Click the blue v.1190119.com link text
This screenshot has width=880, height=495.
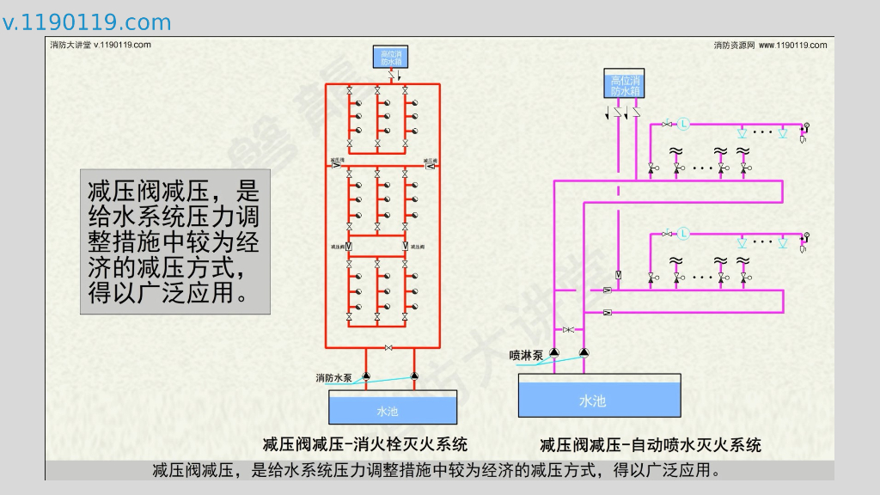(x=87, y=22)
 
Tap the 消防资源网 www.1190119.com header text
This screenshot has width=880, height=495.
(x=770, y=45)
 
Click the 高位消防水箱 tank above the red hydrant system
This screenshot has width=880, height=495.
(x=391, y=58)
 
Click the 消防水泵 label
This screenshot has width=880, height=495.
(x=333, y=377)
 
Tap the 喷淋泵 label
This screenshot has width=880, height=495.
(x=525, y=355)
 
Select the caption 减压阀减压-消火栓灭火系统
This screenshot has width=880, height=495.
(x=365, y=444)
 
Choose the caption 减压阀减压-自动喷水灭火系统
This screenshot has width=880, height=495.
(x=651, y=444)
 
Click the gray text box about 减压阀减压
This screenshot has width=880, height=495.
(x=174, y=241)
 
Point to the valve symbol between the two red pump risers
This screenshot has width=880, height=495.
(x=389, y=348)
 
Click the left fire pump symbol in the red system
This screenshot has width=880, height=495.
(x=365, y=376)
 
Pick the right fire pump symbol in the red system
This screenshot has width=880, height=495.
(x=414, y=376)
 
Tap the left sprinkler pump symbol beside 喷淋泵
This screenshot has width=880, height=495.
(x=554, y=352)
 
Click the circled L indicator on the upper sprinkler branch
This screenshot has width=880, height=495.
(x=683, y=124)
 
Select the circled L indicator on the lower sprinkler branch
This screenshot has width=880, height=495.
(x=683, y=233)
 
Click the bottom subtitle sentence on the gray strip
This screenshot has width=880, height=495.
(x=439, y=470)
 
